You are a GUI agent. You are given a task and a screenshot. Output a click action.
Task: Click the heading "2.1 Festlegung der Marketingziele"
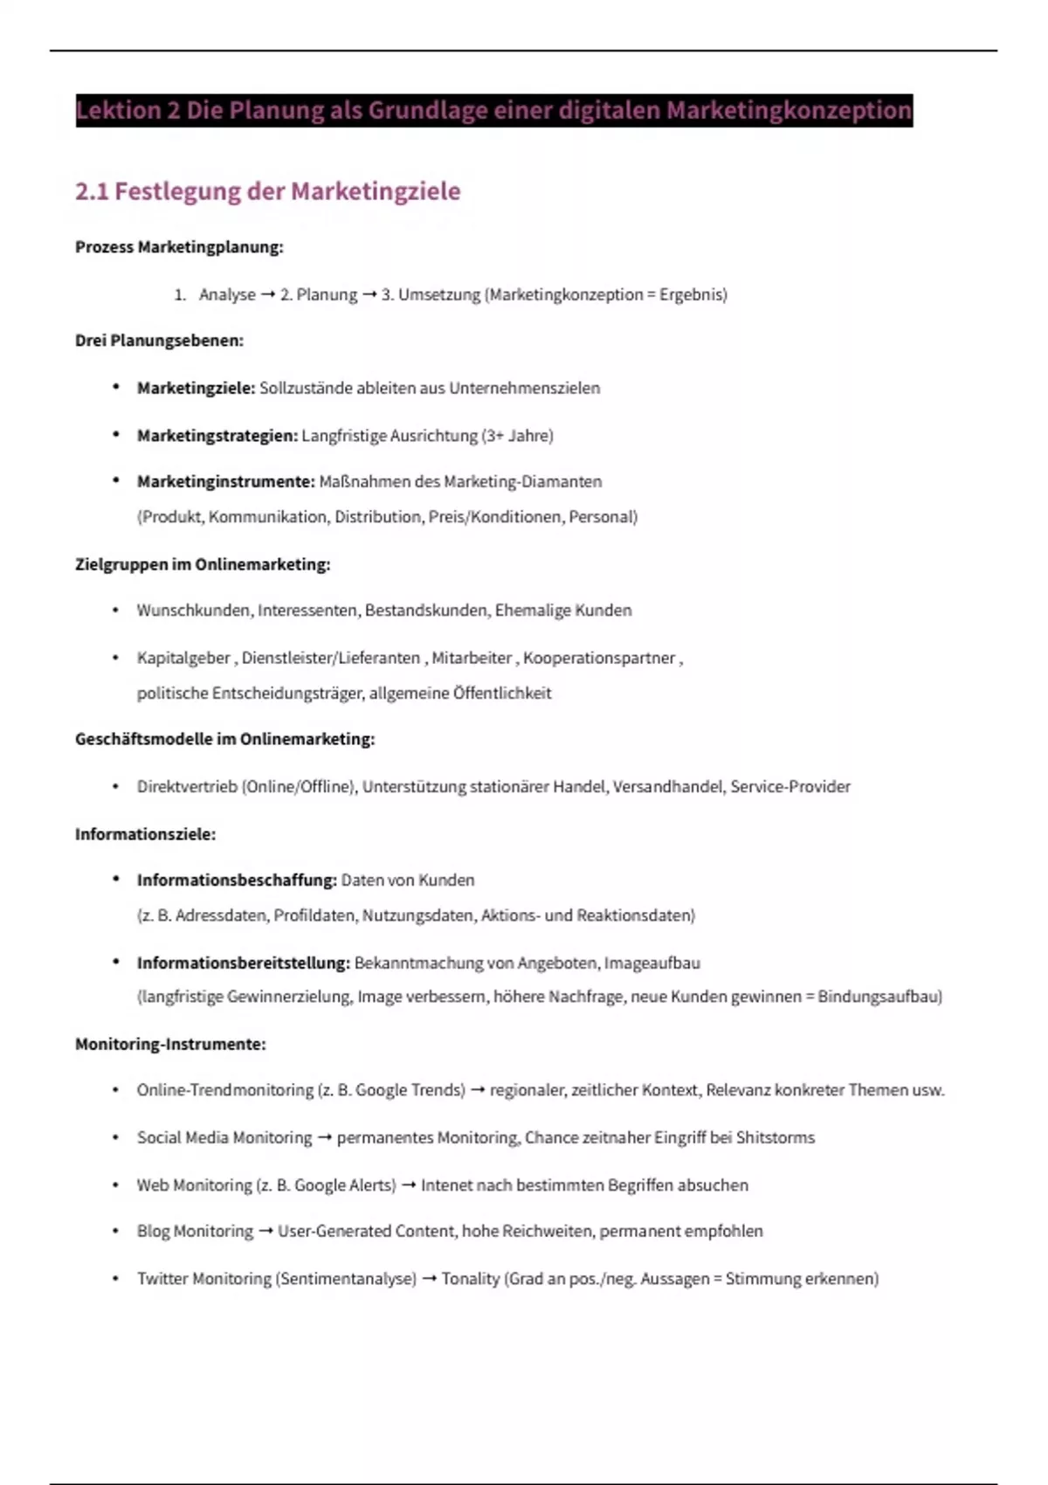[267, 191]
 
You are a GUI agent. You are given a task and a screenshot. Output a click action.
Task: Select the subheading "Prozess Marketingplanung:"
[179, 247]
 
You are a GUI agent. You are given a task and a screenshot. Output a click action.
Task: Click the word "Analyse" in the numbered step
[227, 294]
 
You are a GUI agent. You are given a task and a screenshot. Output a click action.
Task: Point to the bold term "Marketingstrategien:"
[217, 435]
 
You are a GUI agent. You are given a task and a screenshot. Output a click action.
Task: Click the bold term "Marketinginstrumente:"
[225, 481]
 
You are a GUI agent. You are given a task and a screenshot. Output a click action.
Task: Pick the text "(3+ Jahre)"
[517, 435]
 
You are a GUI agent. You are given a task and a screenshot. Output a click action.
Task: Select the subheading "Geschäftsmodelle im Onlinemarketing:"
[224, 739]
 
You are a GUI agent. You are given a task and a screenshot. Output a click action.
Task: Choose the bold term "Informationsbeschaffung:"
[237, 880]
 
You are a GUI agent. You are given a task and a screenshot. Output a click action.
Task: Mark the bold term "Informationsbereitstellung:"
[244, 963]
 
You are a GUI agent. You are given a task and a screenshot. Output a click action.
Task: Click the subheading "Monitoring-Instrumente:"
[170, 1044]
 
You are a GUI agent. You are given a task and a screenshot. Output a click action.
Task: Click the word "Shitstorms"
[775, 1137]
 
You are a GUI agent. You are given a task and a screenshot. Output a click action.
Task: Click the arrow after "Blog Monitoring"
[265, 1232]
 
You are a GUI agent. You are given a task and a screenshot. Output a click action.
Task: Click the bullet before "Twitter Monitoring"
[115, 1278]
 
